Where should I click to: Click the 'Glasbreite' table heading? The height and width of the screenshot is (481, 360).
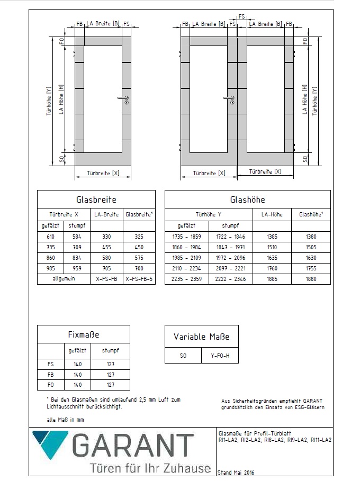tap(96, 199)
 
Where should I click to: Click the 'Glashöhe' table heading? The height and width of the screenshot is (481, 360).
tap(247, 199)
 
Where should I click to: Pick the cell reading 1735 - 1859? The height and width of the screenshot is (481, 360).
tap(187, 237)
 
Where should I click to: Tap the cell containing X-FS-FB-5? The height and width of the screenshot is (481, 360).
tap(139, 278)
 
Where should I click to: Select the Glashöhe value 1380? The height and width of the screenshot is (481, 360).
tap(311, 237)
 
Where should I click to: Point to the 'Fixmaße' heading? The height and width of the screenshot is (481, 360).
tap(84, 334)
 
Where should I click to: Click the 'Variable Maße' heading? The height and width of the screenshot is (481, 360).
tap(201, 337)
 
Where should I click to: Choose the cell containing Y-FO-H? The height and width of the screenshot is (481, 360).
tap(220, 356)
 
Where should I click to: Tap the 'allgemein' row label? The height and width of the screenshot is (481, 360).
tap(64, 278)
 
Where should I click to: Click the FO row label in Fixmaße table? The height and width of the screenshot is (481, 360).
tap(50, 385)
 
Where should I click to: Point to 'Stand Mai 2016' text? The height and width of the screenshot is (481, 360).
tap(236, 473)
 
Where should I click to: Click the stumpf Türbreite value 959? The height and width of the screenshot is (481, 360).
tap(77, 268)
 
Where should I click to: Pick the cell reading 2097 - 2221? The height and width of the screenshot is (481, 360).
tap(230, 268)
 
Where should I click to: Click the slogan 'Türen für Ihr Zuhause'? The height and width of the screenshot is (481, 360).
tap(150, 468)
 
